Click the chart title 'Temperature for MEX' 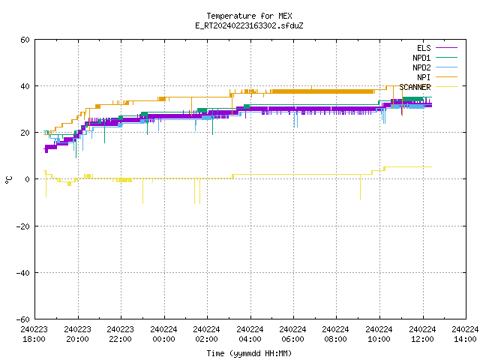click(x=249, y=16)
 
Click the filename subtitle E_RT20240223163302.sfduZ click(x=249, y=25)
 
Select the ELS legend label click(x=424, y=48)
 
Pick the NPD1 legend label click(x=421, y=58)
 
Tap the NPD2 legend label click(x=421, y=67)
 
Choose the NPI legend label click(x=424, y=77)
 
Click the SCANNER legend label click(x=415, y=87)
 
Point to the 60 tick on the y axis click(x=25, y=40)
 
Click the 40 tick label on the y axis click(x=25, y=86)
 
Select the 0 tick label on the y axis click(x=28, y=179)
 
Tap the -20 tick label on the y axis click(x=23, y=226)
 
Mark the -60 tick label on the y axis click(x=23, y=319)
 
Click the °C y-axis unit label click(x=8, y=180)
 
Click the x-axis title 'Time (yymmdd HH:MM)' click(x=249, y=353)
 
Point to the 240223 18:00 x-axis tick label click(x=34, y=334)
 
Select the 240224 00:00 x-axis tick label click(x=163, y=334)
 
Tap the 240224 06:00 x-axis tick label click(x=293, y=334)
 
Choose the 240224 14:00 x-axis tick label click(x=465, y=334)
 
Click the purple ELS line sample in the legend click(x=447, y=48)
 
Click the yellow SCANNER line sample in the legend click(x=447, y=87)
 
